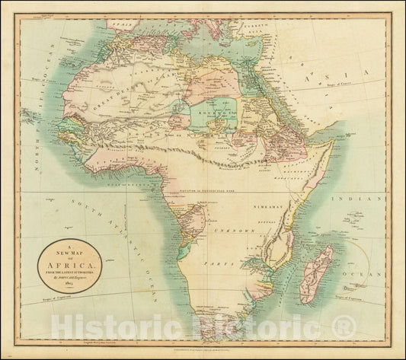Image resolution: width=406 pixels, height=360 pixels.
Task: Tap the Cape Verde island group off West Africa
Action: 30,116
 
